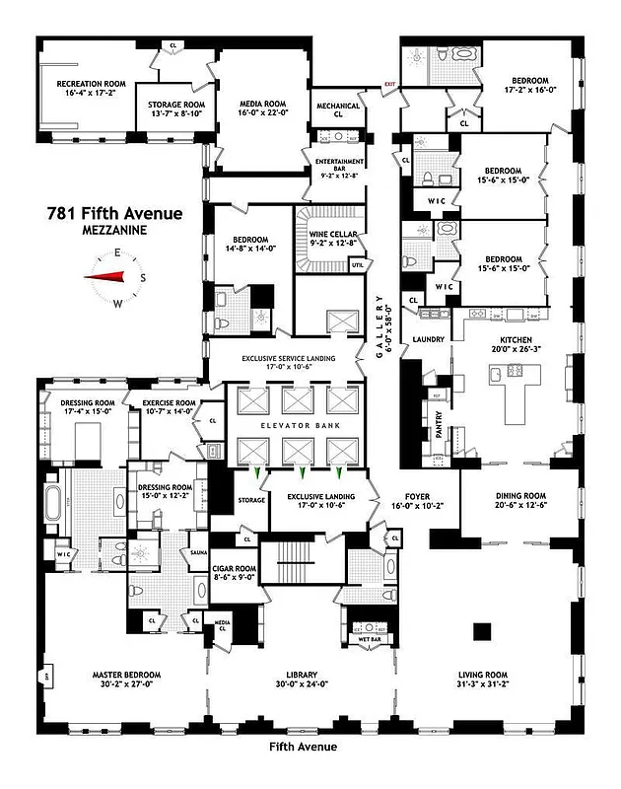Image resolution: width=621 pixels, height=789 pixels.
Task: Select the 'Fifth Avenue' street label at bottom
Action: (x=303, y=747)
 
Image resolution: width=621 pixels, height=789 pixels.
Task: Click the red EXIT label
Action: (x=389, y=84)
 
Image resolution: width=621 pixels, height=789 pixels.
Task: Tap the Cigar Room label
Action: (x=235, y=567)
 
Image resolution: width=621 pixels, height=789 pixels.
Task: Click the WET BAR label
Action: (x=370, y=637)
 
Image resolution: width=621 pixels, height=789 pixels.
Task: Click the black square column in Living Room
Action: (x=481, y=630)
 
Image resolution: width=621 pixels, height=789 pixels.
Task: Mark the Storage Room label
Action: (x=175, y=104)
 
